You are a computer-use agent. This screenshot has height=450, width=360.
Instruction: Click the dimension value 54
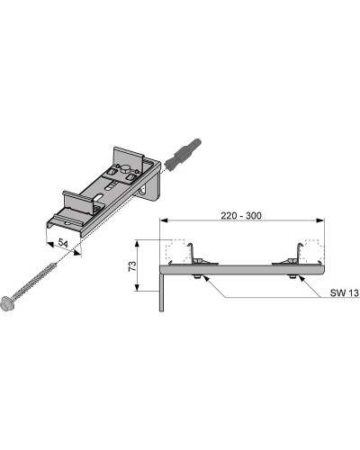coord(63,243)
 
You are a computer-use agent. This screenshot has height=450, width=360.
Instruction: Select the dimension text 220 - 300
coord(241,215)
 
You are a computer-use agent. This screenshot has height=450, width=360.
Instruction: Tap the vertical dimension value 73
coord(132,265)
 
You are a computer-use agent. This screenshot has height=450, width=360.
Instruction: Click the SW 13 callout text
coord(345,292)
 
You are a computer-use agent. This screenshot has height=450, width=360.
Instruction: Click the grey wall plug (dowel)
coord(183,155)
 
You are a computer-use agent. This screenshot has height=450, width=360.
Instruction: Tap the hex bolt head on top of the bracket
coord(124,171)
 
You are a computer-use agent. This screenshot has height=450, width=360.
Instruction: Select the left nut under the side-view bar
coord(196,276)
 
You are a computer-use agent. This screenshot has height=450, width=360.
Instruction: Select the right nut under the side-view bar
coord(292,276)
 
